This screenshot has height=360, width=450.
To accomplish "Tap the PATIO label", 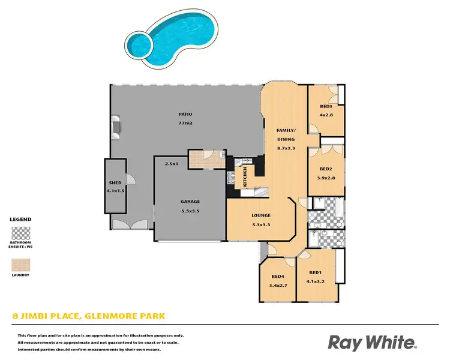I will tap(185, 113).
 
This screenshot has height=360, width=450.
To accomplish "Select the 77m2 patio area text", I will tap(185, 123).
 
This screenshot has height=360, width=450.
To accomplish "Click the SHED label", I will tap(115, 183).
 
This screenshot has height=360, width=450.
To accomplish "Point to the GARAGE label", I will tap(190, 202).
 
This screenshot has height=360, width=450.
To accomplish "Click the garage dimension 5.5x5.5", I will tap(190, 211).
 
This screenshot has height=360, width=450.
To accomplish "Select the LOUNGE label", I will tap(261, 215).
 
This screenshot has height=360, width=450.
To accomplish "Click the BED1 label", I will tap(316, 272).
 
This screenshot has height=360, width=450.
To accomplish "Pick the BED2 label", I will tap(326, 169).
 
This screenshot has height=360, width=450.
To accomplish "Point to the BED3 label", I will tap(326, 106).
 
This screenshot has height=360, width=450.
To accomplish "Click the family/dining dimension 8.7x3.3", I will tap(286, 148).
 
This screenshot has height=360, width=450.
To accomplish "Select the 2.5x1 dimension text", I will tap(173, 163).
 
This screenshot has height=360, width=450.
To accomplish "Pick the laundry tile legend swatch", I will tap(21, 265).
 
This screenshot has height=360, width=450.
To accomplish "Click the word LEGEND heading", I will tap(21, 220).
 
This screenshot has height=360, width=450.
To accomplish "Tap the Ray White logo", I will tap(372, 343).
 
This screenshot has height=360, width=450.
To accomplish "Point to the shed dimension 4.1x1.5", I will tap(115, 191).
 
